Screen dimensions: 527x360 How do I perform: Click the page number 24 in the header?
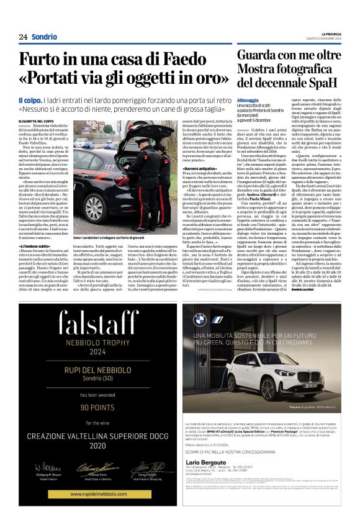click(23, 37)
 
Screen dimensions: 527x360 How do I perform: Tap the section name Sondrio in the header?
click(44, 37)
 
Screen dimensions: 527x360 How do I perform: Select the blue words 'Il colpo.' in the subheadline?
click(30, 101)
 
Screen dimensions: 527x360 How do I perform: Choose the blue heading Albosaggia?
click(248, 100)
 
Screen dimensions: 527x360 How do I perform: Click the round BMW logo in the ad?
click(200, 320)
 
